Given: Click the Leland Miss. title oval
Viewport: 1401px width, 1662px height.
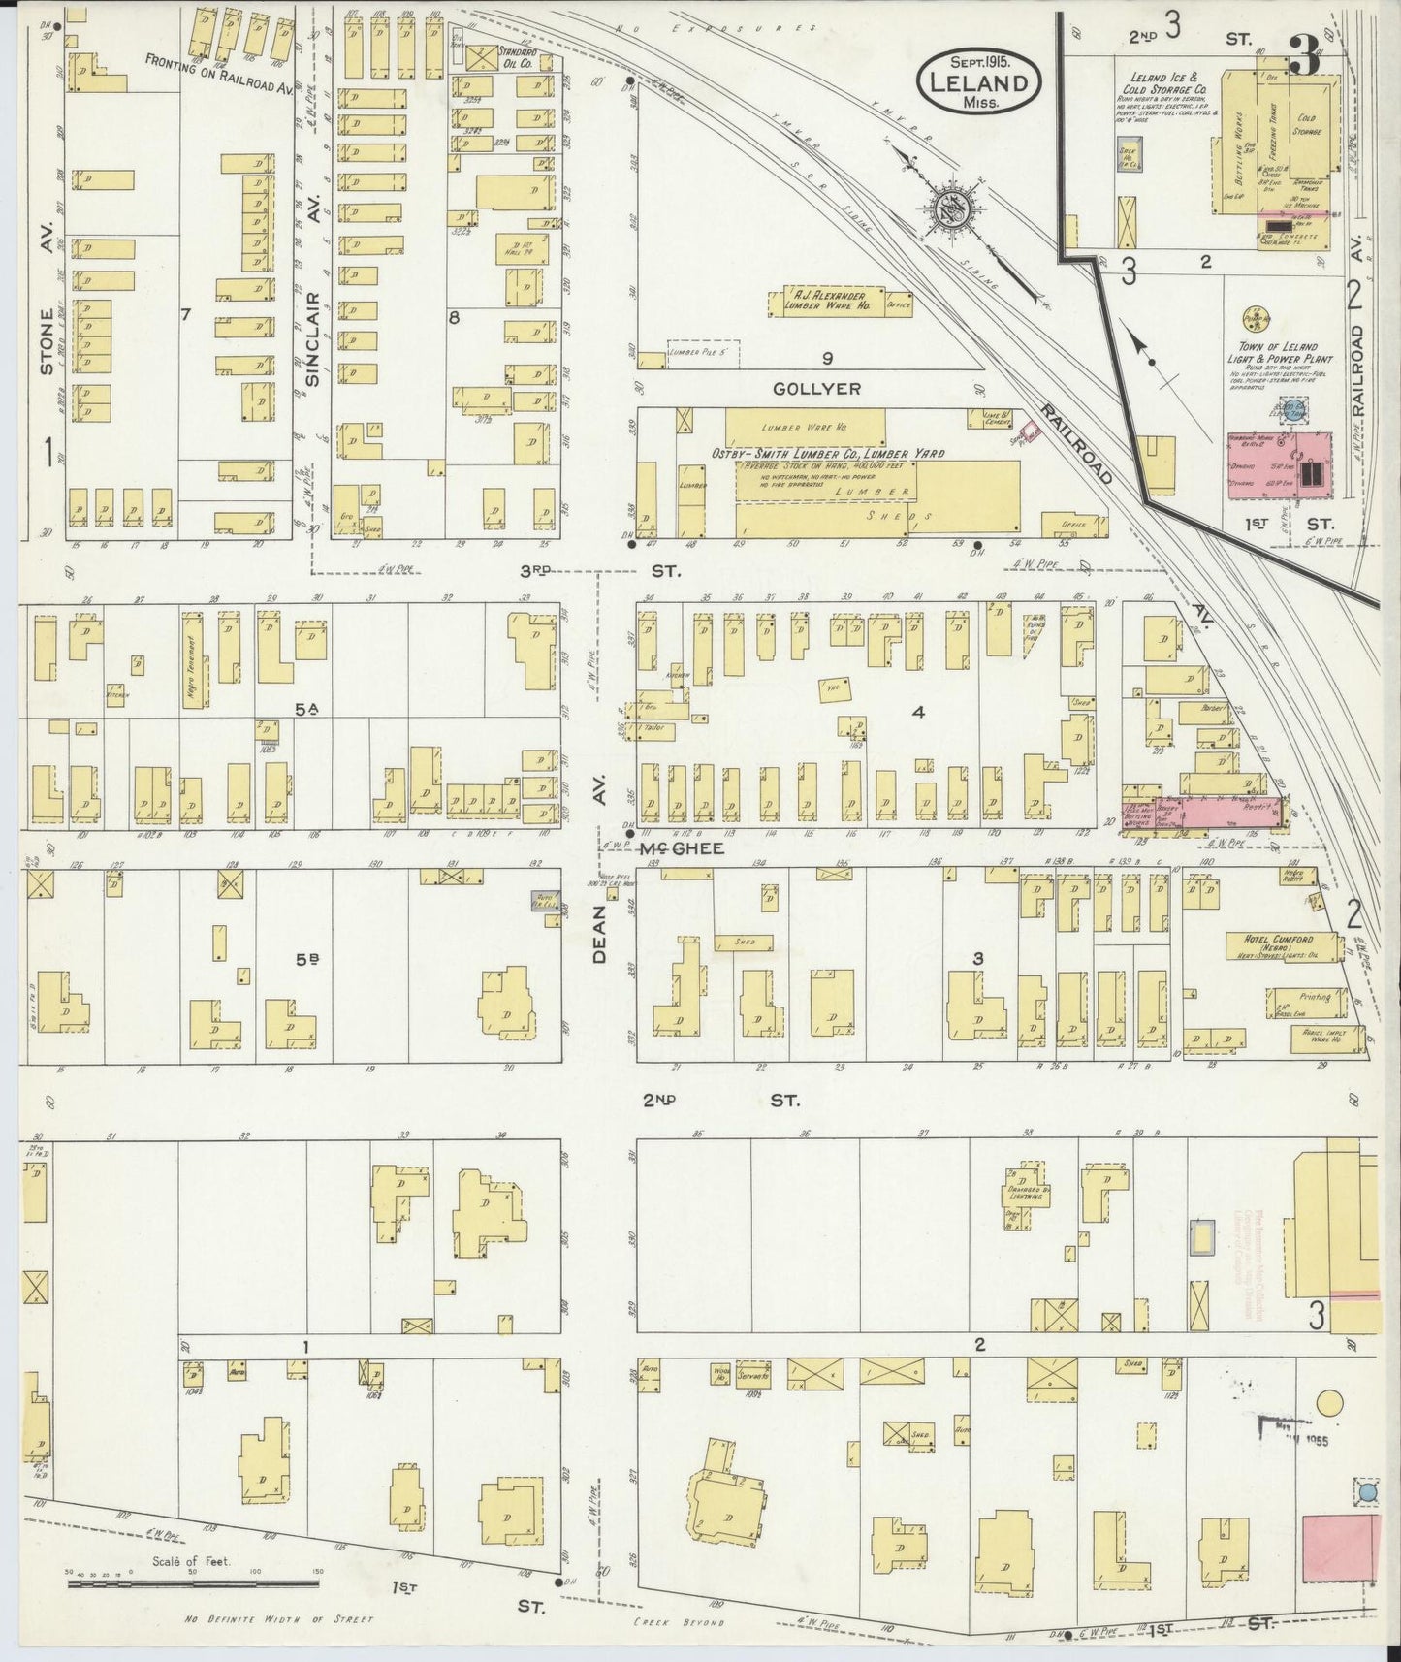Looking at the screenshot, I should tap(977, 81).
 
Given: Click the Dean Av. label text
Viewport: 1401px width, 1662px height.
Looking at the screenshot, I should tap(601, 933).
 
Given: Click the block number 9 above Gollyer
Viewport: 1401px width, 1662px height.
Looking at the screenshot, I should tap(827, 359).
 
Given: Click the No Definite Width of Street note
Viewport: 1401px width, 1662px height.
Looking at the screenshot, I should tap(278, 1618).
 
